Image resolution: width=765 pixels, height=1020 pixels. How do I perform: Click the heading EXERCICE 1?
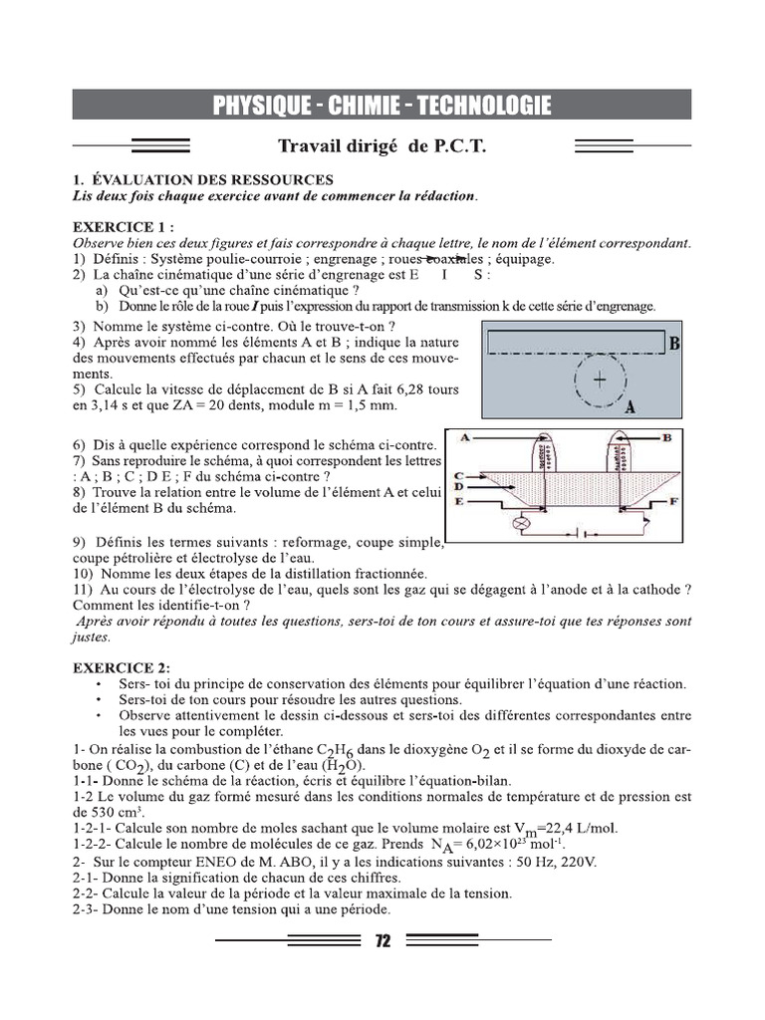121,227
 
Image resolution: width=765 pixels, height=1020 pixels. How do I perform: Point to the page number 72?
382,942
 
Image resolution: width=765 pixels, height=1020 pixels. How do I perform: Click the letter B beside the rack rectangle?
674,344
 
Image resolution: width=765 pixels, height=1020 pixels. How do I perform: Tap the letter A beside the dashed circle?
629,406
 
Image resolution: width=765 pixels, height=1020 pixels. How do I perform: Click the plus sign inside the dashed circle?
599,380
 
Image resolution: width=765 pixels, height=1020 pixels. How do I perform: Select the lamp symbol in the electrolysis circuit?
518,522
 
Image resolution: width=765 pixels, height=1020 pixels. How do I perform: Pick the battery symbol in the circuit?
584,530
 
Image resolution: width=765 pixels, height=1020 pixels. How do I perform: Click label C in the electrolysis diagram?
457,476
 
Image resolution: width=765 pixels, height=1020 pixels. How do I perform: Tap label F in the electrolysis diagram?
673,501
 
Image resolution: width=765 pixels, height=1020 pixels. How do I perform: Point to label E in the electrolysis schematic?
457,501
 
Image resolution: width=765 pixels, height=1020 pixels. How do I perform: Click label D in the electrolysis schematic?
457,488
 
